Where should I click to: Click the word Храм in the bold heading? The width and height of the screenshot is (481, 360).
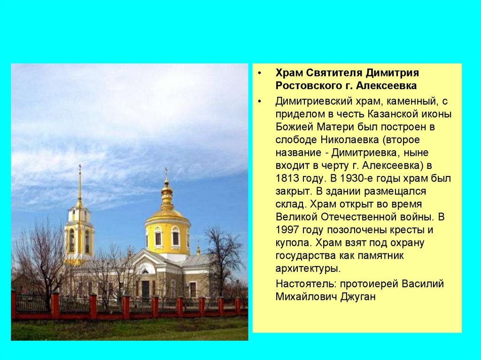289,73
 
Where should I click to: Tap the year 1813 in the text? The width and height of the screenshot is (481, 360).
287,178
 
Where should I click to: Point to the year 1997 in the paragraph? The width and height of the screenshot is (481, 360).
287,230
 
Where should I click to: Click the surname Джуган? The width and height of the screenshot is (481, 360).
358,297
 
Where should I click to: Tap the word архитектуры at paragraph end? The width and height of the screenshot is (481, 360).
308,269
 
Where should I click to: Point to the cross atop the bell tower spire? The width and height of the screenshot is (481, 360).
80,168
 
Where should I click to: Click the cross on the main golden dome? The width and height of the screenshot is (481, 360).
166,171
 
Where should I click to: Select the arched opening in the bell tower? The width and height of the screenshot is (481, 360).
72,240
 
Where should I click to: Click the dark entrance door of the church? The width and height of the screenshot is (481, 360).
146,289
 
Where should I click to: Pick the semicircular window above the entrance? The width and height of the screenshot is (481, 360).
145,271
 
